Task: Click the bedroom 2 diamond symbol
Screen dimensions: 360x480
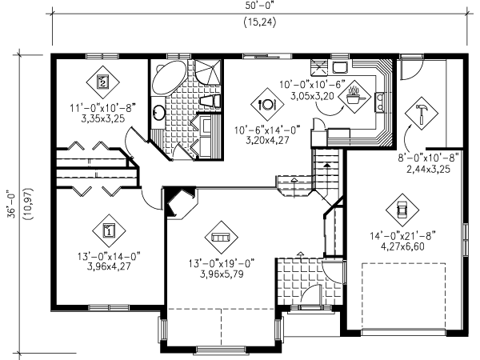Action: (x=103, y=81)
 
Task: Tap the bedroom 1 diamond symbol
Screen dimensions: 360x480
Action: (x=109, y=230)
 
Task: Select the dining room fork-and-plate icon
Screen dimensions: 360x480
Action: (x=267, y=102)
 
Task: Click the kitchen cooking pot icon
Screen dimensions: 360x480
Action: (x=352, y=98)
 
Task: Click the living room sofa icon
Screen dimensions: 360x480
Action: (x=219, y=238)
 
